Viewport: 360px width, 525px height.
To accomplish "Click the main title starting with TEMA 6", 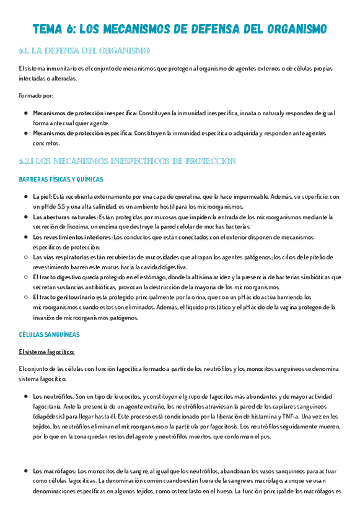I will pos(180,30).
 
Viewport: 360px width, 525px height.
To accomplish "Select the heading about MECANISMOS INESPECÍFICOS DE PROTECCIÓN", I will pos(128,161).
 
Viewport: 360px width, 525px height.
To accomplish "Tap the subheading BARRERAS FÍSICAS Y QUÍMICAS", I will pos(61,180).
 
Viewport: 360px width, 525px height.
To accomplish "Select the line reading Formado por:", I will pos(36,96).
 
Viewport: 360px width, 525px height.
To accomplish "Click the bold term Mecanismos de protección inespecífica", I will pos(85,113).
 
